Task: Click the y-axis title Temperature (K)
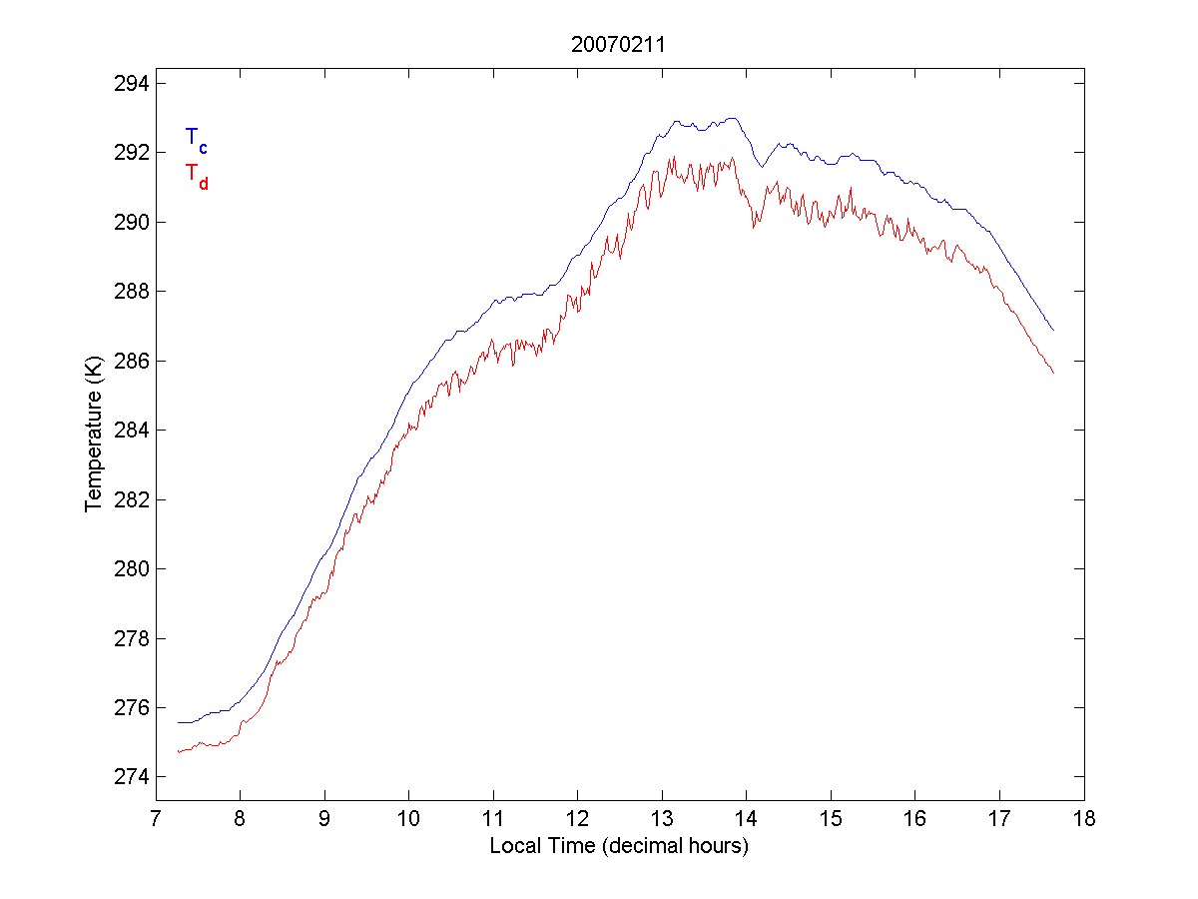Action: [x=94, y=441]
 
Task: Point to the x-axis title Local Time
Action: [x=619, y=846]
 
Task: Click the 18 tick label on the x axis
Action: [x=1084, y=820]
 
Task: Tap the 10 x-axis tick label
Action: [x=408, y=820]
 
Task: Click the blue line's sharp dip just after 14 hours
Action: [x=761, y=166]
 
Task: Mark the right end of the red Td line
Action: [x=1053, y=373]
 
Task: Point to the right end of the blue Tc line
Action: [x=1053, y=330]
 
